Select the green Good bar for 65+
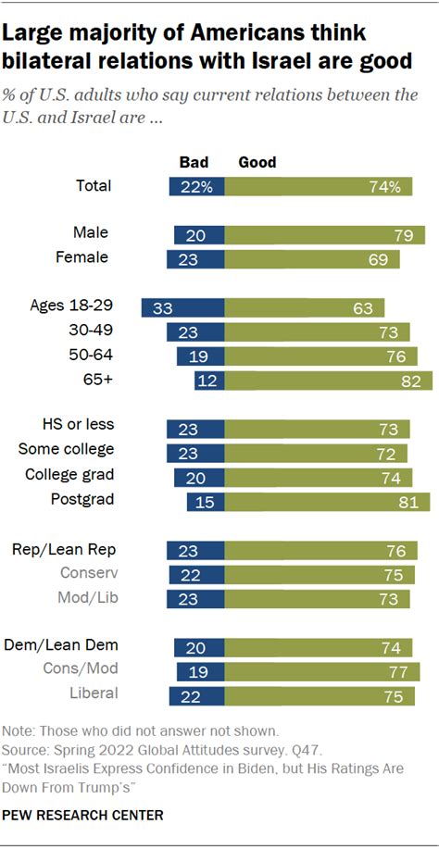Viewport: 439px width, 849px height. click(x=329, y=381)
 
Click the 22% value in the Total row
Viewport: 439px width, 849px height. click(x=197, y=186)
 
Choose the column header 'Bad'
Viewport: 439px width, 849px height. click(x=194, y=162)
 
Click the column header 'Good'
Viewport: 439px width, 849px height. click(x=257, y=162)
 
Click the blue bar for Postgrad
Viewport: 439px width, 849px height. click(x=206, y=501)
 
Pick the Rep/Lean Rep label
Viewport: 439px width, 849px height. click(x=64, y=549)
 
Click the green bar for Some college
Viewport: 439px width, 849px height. click(x=315, y=453)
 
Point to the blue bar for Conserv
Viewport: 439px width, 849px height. click(x=196, y=574)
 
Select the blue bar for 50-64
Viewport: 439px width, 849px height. click(x=200, y=356)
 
